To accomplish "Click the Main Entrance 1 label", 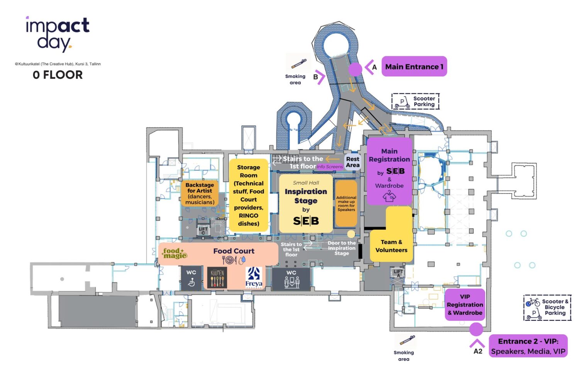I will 414,67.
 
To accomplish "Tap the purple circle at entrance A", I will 355,69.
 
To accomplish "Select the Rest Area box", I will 352,162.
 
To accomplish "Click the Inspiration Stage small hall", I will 306,204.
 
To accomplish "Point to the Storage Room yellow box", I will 249,195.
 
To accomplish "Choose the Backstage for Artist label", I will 200,194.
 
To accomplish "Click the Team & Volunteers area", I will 391,246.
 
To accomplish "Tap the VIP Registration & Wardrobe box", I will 465,305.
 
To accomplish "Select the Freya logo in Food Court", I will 254,277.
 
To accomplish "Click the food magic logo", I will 175,253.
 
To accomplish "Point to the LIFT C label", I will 203,231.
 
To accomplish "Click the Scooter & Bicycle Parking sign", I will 547,308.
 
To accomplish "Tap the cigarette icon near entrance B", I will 299,64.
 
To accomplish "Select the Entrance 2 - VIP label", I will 528,346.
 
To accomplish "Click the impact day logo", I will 58,34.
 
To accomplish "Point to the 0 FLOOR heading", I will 58,75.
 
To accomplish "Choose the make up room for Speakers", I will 346,203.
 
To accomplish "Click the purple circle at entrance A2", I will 476,329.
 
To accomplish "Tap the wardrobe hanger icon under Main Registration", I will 389,197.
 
